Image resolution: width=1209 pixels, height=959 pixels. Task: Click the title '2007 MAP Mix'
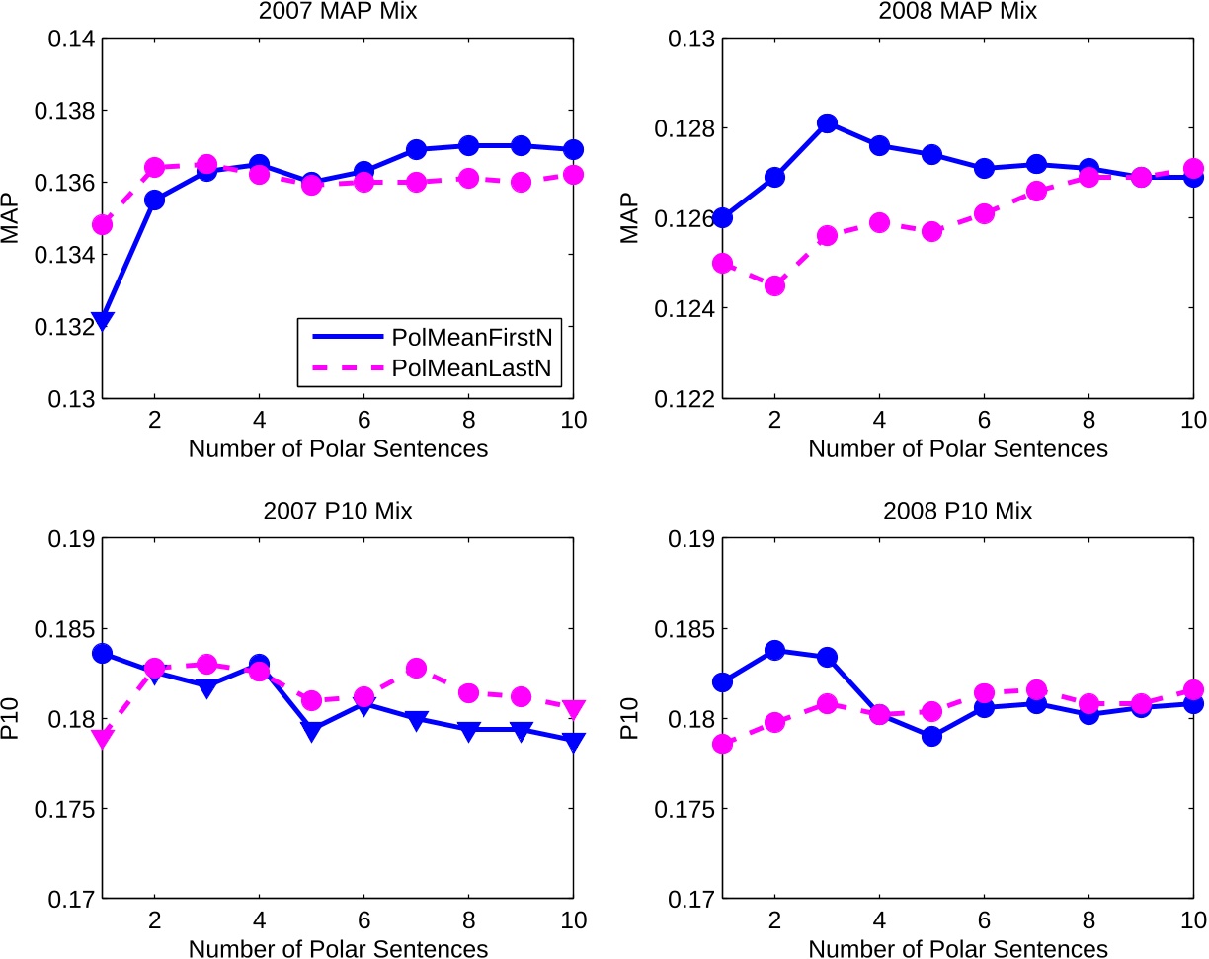click(338, 13)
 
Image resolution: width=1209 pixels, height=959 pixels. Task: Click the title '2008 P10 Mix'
click(958, 512)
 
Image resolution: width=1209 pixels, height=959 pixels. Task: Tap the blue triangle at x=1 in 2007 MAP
click(102, 320)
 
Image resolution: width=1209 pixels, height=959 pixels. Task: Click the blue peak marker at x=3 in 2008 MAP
click(827, 123)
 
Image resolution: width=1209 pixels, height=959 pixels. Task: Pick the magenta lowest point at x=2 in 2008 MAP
click(774, 285)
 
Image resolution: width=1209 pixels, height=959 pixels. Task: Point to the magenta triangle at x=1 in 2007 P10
click(102, 737)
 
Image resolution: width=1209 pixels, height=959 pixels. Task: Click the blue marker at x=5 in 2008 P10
click(931, 736)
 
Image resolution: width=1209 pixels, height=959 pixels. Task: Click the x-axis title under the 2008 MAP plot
click(958, 448)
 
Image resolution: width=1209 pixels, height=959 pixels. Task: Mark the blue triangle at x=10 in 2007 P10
click(574, 741)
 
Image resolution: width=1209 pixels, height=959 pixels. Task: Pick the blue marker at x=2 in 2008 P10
click(774, 650)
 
